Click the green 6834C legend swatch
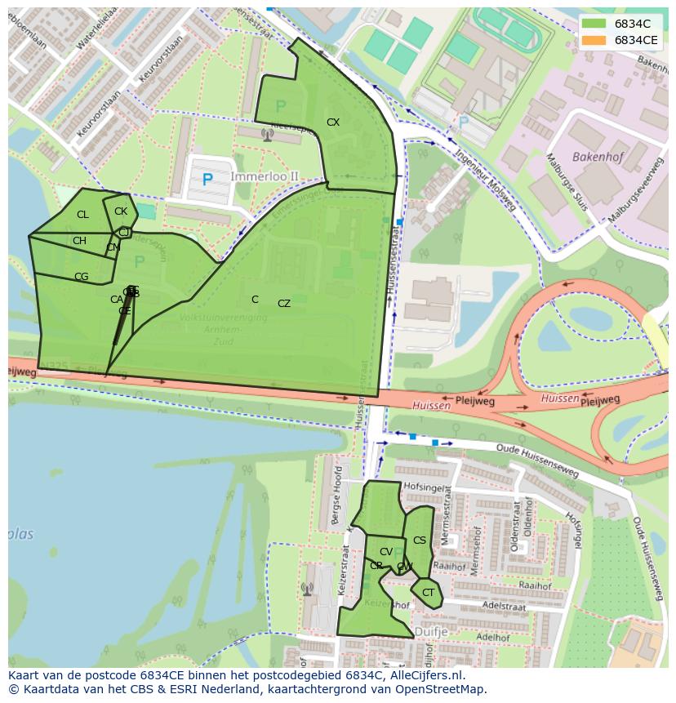point(594,24)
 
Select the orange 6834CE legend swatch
point(594,40)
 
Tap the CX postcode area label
point(333,122)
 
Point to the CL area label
point(82,215)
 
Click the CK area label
point(121,211)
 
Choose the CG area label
point(81,277)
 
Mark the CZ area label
point(284,304)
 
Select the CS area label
point(420,541)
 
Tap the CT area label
point(428,593)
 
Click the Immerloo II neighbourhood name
point(265,176)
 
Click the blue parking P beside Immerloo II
point(207,180)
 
